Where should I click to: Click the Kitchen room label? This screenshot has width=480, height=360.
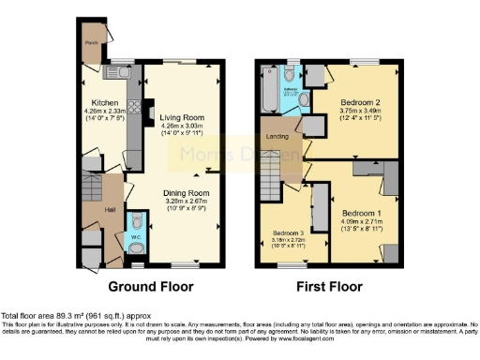(104, 101)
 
